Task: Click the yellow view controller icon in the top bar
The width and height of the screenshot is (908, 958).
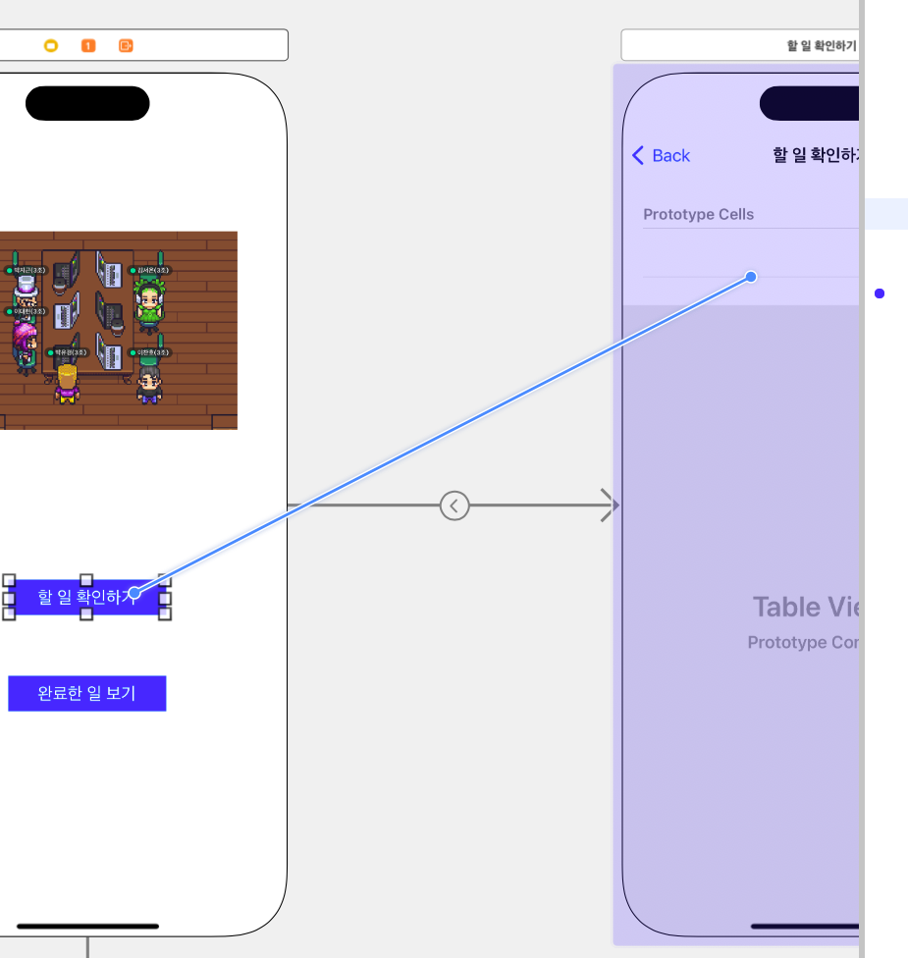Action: click(51, 45)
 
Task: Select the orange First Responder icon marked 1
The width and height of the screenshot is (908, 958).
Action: click(88, 45)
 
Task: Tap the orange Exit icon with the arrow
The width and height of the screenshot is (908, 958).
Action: click(126, 45)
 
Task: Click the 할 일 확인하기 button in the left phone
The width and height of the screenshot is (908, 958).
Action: click(86, 597)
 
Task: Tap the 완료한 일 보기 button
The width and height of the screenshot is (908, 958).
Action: click(86, 693)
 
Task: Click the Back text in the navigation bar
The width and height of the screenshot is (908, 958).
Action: click(671, 156)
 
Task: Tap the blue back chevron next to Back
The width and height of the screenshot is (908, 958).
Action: click(638, 155)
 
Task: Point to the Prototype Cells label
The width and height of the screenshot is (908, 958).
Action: click(698, 214)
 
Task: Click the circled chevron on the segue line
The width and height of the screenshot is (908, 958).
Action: click(454, 506)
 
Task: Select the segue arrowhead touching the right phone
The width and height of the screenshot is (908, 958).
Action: click(610, 506)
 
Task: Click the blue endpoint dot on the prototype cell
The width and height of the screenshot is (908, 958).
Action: click(751, 277)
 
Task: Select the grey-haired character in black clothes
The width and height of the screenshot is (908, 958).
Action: click(149, 383)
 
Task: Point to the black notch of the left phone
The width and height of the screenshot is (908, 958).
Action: click(87, 103)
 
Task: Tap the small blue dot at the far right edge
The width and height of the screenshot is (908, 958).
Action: click(880, 293)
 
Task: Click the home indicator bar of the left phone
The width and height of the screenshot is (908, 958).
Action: click(87, 926)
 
